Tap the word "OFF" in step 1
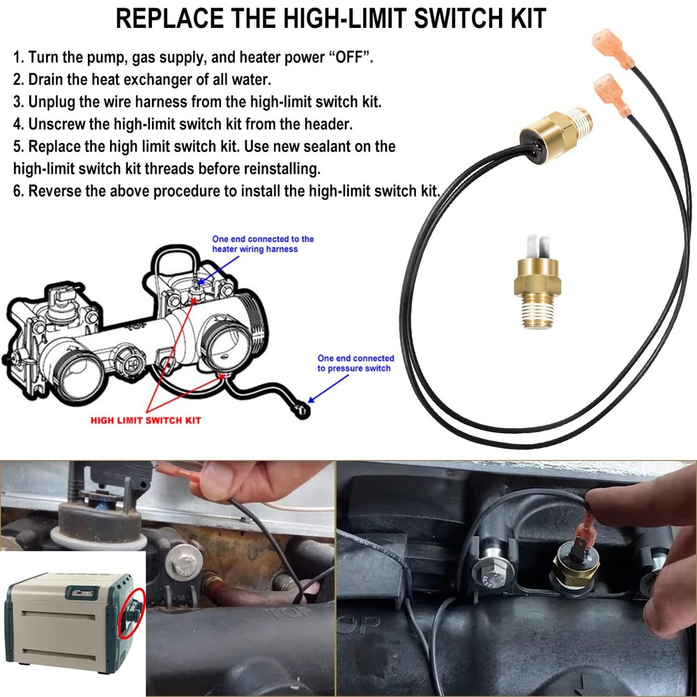[x=347, y=58]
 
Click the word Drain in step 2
[x=47, y=79]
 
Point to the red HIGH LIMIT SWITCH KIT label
[x=146, y=420]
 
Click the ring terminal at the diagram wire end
[x=301, y=411]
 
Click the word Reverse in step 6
[x=54, y=191]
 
